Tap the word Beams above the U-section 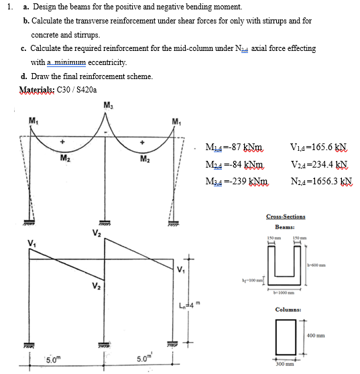(286, 227)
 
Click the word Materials (40, 88)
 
